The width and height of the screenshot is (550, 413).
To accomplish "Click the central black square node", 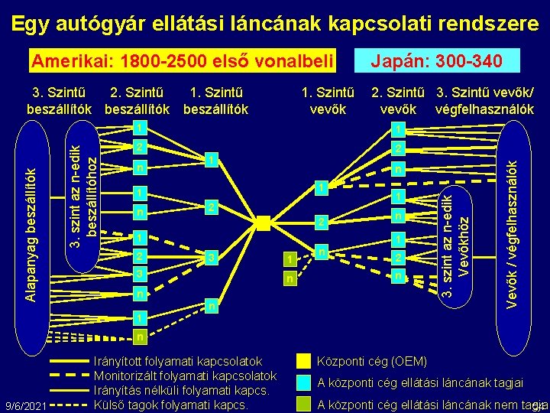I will (264, 223).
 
